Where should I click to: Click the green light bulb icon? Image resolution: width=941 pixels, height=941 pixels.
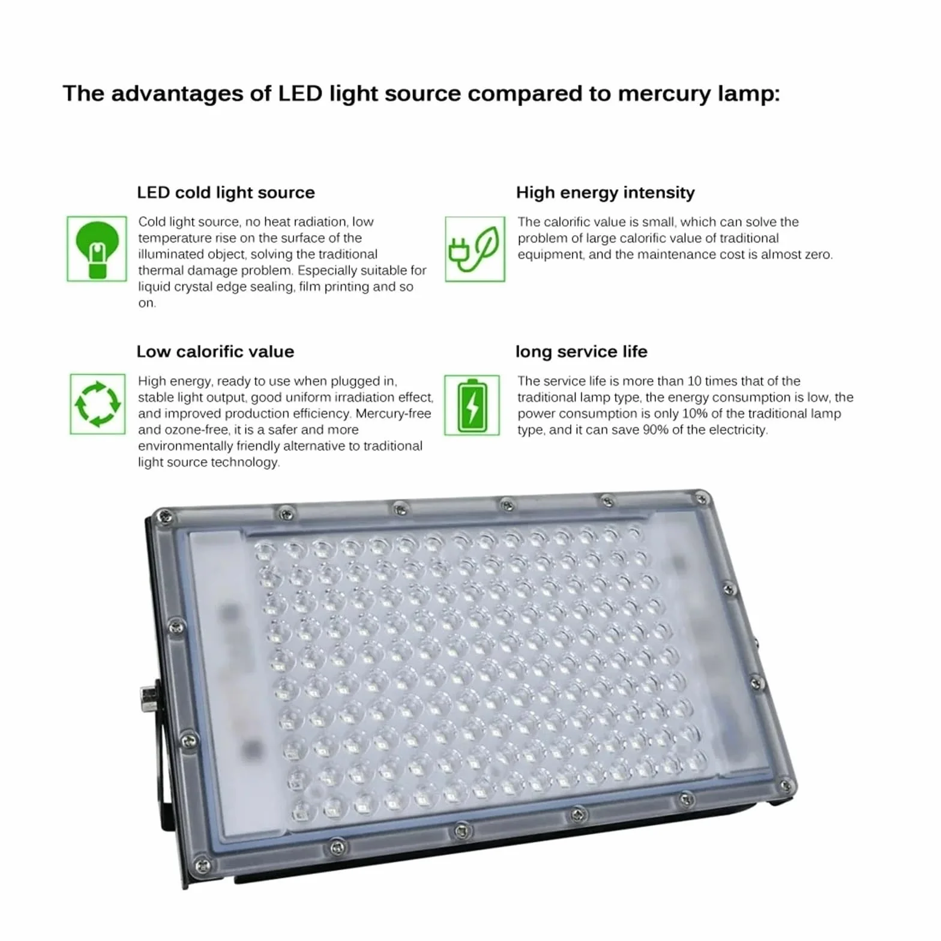97,249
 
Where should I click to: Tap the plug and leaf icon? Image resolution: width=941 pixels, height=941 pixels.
475,249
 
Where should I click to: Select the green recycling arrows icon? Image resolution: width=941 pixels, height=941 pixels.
97,404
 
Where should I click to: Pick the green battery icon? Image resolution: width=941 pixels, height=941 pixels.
472,405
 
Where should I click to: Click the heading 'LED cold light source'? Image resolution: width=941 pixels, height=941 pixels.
226,193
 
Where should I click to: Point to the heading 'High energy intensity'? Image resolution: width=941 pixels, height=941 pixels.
605,193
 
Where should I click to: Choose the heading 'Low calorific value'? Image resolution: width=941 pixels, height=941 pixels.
215,352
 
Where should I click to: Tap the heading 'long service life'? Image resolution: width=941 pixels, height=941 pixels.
581,352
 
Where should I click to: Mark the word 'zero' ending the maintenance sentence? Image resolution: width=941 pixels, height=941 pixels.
819,254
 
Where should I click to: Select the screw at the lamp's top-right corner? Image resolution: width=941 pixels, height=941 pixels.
700,499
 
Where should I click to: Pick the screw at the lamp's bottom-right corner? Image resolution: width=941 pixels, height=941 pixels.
784,785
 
